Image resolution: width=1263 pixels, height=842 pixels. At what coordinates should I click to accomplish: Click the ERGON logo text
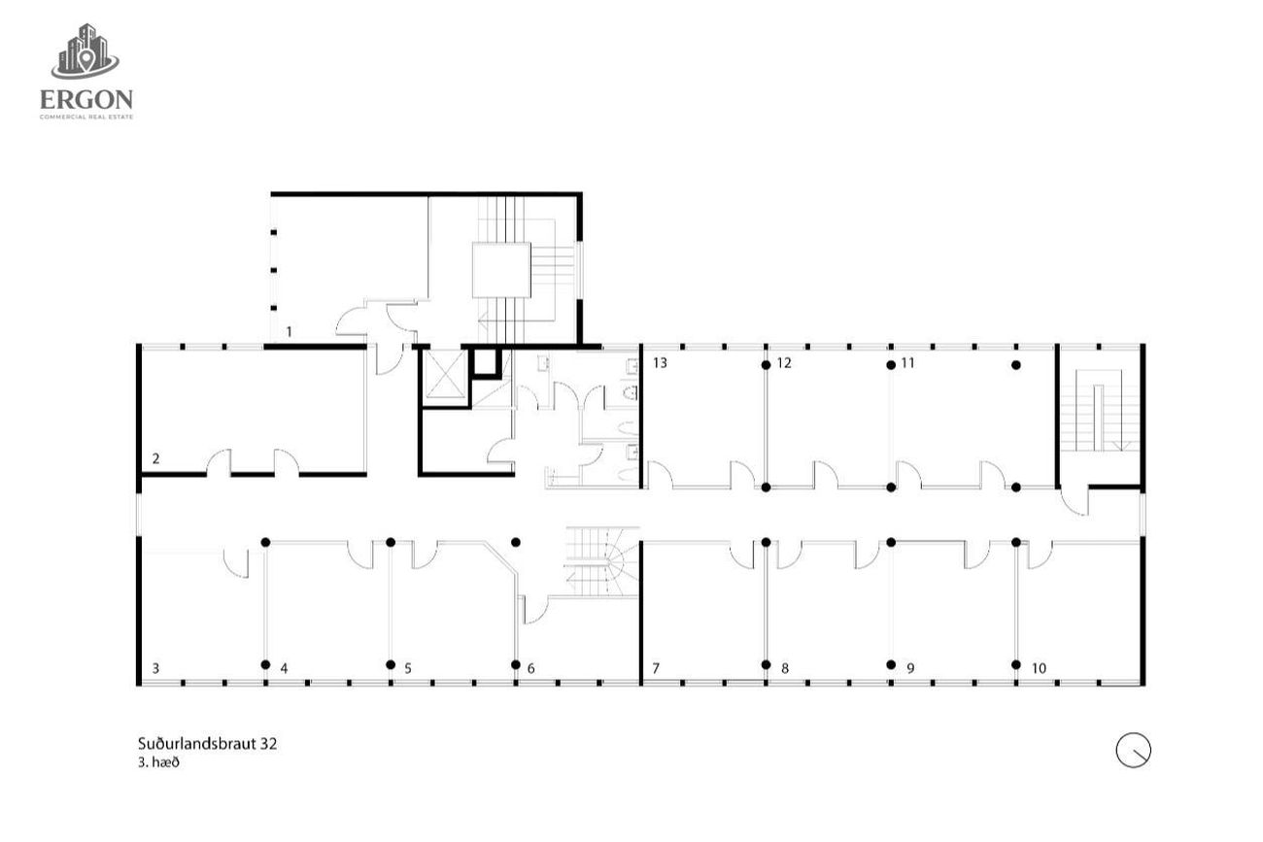click(x=86, y=100)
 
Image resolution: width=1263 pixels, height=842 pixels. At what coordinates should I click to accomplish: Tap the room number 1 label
click(x=290, y=331)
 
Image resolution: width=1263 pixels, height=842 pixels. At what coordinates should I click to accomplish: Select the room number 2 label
click(x=156, y=458)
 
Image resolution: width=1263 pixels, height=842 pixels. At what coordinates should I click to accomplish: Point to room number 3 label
click(x=156, y=668)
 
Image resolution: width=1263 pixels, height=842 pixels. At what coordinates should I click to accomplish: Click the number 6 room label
click(x=530, y=668)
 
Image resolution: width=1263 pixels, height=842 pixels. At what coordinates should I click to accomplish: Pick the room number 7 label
click(x=656, y=668)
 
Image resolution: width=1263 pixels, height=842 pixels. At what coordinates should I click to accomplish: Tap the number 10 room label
click(x=1039, y=668)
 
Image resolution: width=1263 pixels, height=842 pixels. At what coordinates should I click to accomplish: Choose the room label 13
click(x=660, y=363)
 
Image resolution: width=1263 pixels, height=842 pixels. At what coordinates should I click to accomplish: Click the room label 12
click(x=784, y=363)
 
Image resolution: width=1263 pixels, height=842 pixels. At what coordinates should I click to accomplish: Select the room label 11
click(x=907, y=363)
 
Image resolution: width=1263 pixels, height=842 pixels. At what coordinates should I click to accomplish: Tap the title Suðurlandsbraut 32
click(x=208, y=744)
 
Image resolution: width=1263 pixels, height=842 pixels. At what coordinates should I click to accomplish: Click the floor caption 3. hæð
click(x=159, y=762)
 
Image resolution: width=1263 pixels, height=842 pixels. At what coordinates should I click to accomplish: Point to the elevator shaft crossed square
click(x=445, y=374)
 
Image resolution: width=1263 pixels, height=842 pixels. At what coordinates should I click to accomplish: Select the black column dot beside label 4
click(x=265, y=665)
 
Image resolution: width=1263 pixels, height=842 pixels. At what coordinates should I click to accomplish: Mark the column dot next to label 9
click(x=891, y=665)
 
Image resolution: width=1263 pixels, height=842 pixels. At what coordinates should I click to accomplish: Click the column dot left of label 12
click(x=766, y=365)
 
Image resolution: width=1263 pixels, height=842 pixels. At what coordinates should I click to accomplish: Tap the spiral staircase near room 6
click(x=602, y=561)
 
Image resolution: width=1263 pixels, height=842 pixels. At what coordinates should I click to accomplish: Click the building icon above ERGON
click(x=85, y=51)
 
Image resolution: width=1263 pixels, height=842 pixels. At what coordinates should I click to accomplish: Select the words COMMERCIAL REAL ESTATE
click(x=86, y=118)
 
